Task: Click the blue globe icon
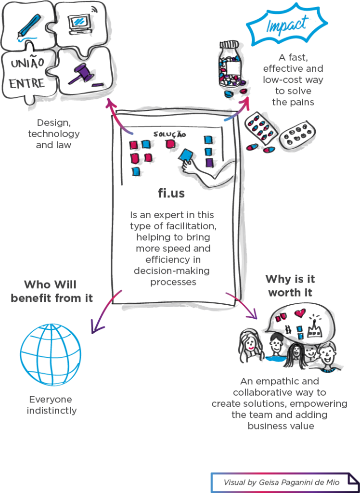tap(51, 353)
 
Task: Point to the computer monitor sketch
tap(78, 22)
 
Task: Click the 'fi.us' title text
tap(172, 194)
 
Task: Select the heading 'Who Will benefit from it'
tap(51, 291)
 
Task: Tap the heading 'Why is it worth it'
tap(290, 286)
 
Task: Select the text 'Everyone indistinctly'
tap(51, 405)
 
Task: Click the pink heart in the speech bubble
tap(300, 313)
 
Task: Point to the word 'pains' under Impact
tap(305, 102)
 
